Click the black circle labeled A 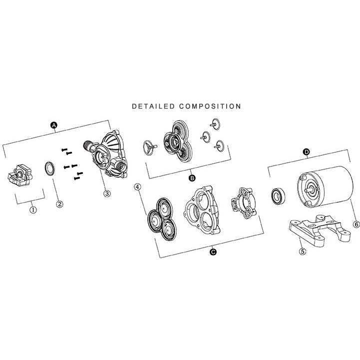pos(53,125)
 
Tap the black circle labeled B pos(192,178)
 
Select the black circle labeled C pos(213,252)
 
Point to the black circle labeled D pos(307,152)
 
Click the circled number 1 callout pos(33,210)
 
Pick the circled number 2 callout pos(59,204)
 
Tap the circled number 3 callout pos(107,193)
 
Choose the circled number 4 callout pos(137,187)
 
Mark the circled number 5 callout pos(303,252)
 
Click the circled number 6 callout pos(356,224)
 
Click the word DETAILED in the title pos(153,106)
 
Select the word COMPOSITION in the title pos(210,106)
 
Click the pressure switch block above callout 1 pos(20,175)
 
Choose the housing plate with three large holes pos(202,210)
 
